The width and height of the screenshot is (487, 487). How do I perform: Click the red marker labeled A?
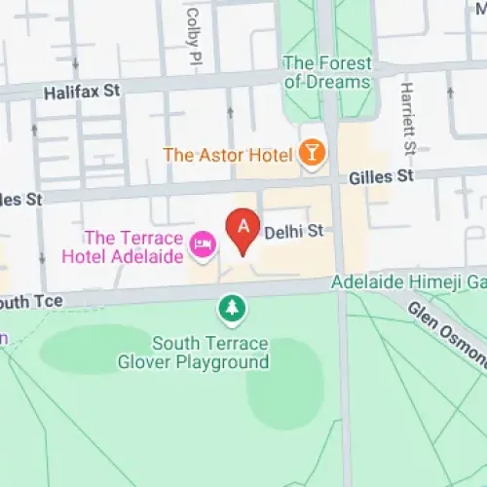[x=243, y=232]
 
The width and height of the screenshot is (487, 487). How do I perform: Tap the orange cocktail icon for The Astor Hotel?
[x=312, y=153]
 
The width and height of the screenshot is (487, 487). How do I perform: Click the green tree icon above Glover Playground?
[x=232, y=310]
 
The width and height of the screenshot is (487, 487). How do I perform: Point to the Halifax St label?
[x=82, y=92]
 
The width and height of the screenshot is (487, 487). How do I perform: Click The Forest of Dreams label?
[x=327, y=73]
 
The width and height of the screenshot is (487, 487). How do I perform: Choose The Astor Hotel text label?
[x=229, y=154]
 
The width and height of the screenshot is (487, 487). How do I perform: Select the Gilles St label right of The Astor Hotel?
[x=382, y=176]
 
